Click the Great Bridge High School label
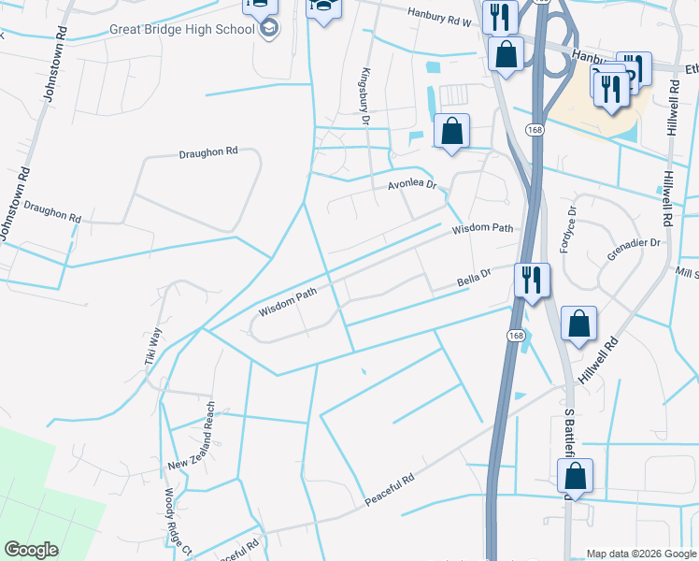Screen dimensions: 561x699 [x=181, y=29]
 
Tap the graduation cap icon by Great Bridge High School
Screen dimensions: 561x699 [x=270, y=30]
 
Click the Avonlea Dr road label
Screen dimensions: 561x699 [x=412, y=186]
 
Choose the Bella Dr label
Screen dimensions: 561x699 [x=474, y=280]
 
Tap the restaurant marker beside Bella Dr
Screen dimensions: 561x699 [x=531, y=280]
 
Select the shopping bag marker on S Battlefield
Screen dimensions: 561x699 [x=575, y=476]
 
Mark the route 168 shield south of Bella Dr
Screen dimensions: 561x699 [x=517, y=335]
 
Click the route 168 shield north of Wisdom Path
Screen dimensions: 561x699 [x=534, y=129]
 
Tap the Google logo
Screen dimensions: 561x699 [x=31, y=550]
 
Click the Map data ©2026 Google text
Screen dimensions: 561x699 [x=641, y=554]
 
